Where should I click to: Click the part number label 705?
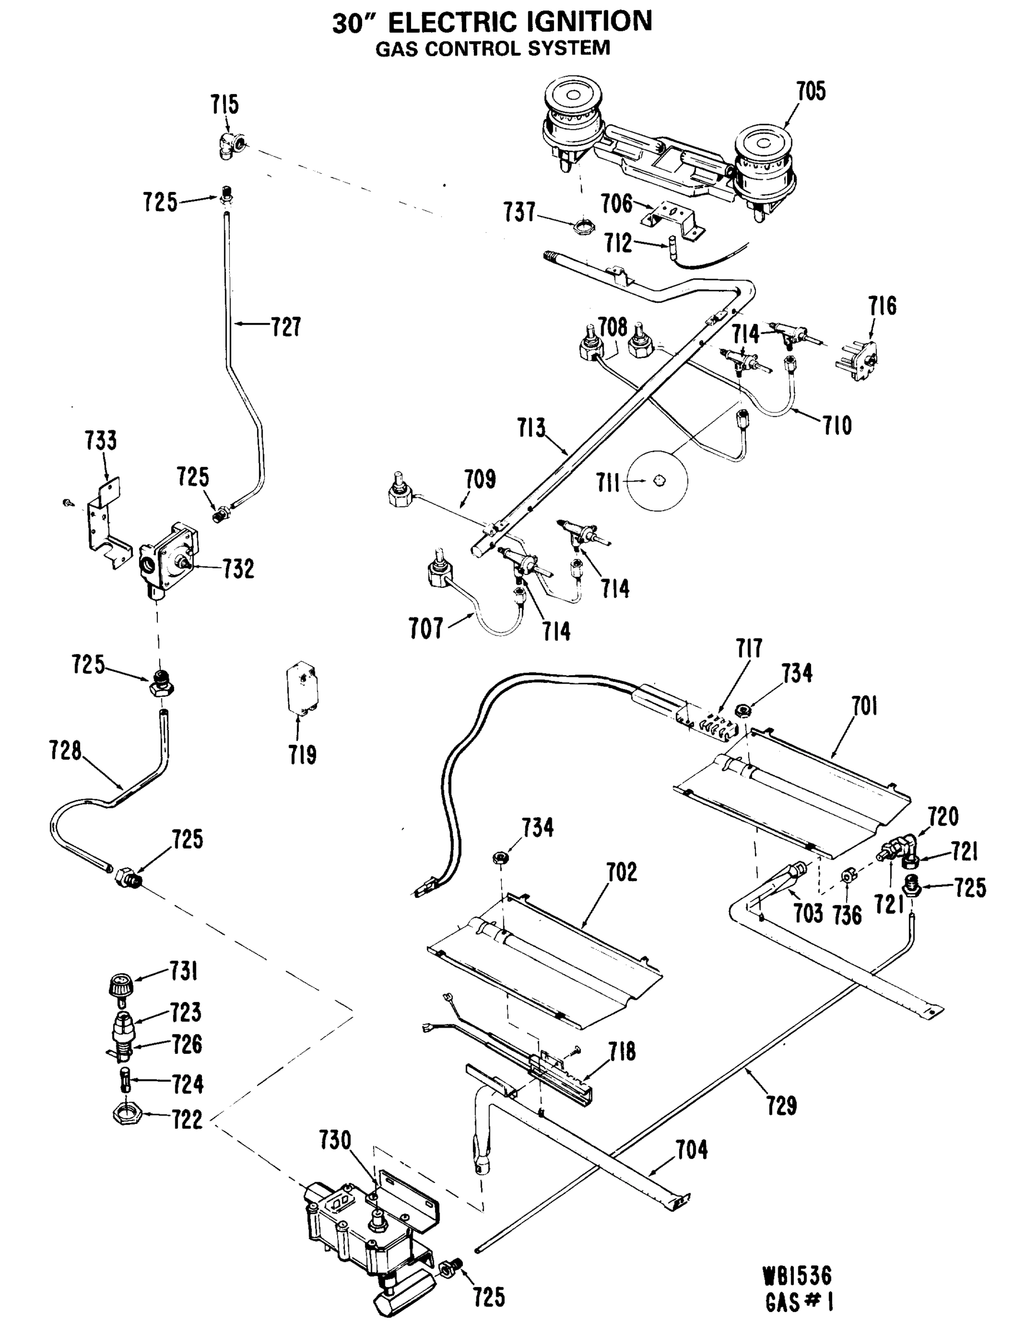click(x=810, y=91)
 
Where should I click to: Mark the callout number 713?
click(x=531, y=428)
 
